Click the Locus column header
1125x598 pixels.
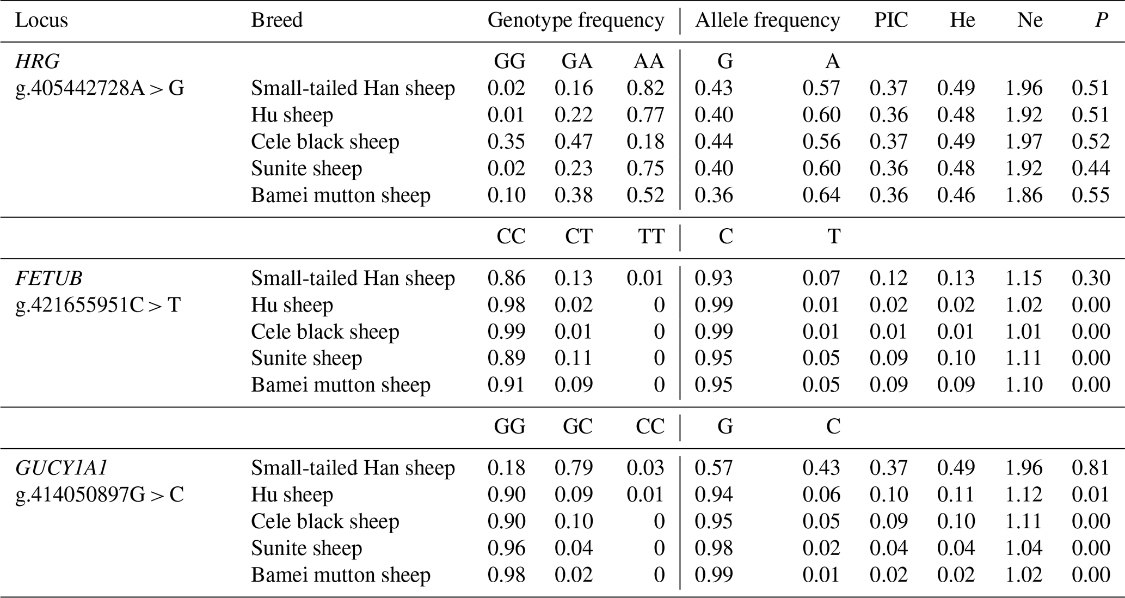click(x=41, y=21)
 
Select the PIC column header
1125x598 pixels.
click(x=891, y=21)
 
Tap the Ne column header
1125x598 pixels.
click(x=1030, y=21)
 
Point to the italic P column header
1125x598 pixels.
click(x=1101, y=21)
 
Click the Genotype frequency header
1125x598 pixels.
click(x=576, y=21)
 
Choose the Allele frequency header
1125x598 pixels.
click(x=767, y=21)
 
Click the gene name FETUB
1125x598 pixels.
click(x=49, y=278)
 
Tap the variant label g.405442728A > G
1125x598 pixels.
click(x=100, y=88)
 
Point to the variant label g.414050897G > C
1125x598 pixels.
click(x=100, y=495)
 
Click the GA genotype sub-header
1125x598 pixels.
click(x=577, y=61)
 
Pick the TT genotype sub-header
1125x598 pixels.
click(x=650, y=236)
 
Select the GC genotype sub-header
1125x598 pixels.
click(x=577, y=426)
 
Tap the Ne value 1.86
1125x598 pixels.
click(x=1024, y=195)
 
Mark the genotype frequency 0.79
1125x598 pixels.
click(x=573, y=468)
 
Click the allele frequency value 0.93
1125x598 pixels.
click(x=714, y=278)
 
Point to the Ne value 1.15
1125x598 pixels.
click(x=1024, y=278)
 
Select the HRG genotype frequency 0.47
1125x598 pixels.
click(x=573, y=142)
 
